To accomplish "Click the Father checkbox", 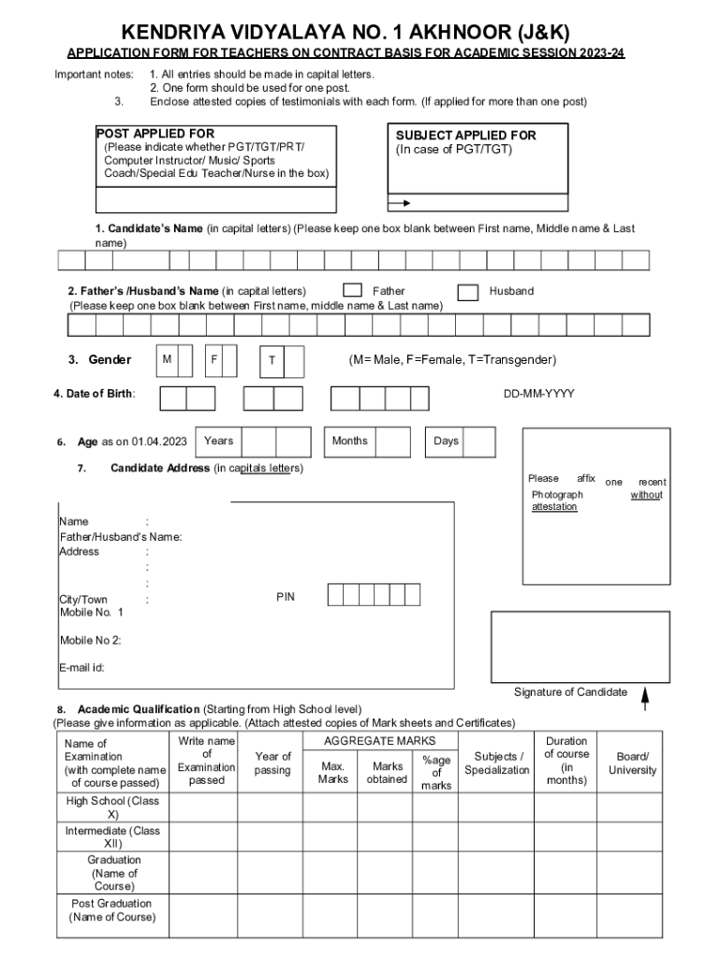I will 353,292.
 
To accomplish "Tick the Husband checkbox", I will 468,292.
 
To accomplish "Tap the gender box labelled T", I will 272,361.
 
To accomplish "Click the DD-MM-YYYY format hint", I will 538,394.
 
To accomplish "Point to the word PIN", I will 285,596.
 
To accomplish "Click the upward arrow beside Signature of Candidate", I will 645,696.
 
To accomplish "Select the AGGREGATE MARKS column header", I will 379,741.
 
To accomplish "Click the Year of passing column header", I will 272,762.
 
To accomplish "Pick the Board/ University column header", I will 632,762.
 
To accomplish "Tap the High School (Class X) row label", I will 112,807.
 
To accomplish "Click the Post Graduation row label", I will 112,909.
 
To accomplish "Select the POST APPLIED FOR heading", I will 155,134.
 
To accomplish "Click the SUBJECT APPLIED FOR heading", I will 465,136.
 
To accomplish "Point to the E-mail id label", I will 81,667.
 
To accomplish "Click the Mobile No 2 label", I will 90,641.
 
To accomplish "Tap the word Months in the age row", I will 350,441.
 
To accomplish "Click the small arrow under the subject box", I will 400,202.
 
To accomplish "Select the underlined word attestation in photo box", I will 554,506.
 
